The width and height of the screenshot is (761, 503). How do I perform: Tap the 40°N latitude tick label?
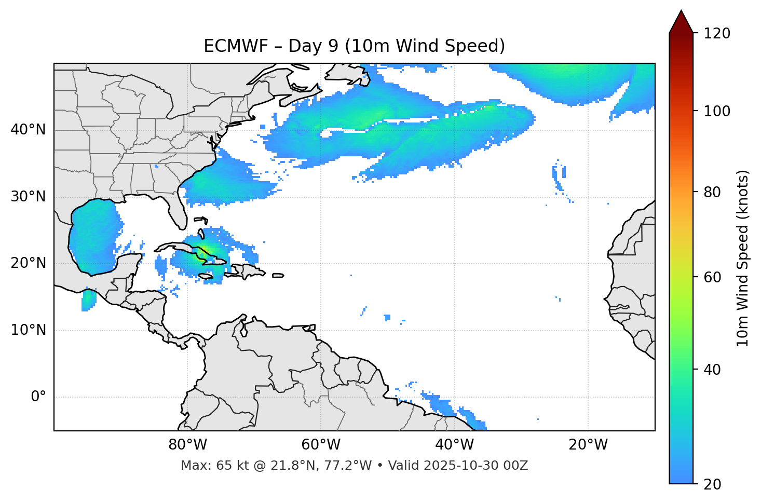coord(28,130)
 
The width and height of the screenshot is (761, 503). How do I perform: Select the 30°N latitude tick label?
coord(28,197)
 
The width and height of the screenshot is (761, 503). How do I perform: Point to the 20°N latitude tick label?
coord(28,263)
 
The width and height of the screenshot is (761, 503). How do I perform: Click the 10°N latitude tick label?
coord(28,330)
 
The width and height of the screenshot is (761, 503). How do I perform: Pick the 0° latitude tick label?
coord(38,397)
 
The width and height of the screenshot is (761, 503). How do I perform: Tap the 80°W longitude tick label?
coord(187,445)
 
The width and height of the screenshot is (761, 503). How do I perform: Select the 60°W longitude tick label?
coord(321,445)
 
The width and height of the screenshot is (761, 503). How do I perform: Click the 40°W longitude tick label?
coord(454,445)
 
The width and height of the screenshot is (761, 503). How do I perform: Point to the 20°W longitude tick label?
coord(588,445)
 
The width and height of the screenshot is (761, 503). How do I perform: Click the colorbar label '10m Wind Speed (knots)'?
coord(743,258)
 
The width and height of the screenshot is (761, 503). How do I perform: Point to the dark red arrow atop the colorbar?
coord(681,22)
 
